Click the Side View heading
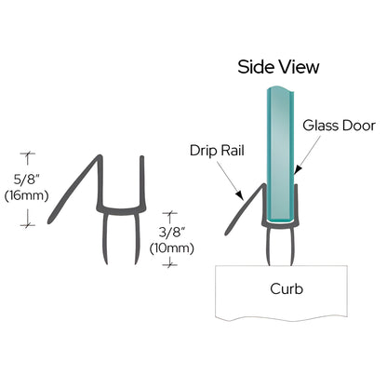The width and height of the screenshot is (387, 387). pyautogui.click(x=278, y=67)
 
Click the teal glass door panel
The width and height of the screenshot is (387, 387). pyautogui.click(x=278, y=149)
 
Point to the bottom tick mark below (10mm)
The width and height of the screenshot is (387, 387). pyautogui.click(x=168, y=263)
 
